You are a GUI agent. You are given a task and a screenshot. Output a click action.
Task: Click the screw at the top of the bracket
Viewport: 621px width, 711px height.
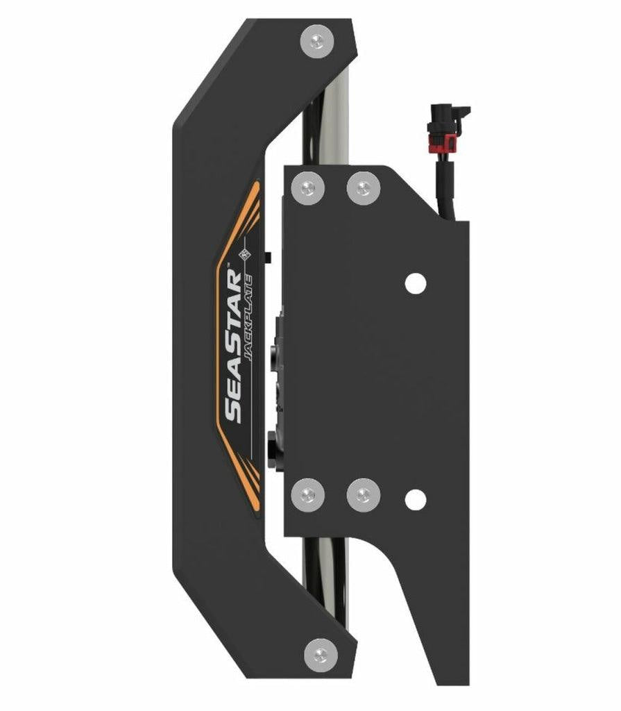coord(317,41)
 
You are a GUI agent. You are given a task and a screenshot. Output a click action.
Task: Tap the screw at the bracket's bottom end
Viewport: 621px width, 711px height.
coord(321,655)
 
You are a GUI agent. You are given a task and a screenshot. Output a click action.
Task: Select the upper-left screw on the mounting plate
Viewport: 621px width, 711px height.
coord(308,188)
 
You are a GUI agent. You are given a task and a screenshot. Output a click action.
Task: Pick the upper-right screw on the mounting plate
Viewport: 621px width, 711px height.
coord(363,188)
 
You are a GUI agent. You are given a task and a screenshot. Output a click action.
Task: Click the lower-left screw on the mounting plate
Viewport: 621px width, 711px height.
coord(308,496)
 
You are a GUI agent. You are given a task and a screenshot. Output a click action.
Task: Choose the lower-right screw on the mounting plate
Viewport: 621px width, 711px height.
coord(363,496)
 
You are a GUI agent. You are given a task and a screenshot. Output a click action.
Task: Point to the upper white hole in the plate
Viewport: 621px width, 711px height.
coord(415,283)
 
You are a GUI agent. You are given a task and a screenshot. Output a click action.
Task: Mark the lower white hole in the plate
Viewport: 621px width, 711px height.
coord(415,499)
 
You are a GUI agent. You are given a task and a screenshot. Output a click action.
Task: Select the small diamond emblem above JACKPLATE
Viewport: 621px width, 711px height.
coord(244,256)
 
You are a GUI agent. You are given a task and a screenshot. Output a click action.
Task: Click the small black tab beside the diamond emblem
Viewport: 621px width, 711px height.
coord(268,258)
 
